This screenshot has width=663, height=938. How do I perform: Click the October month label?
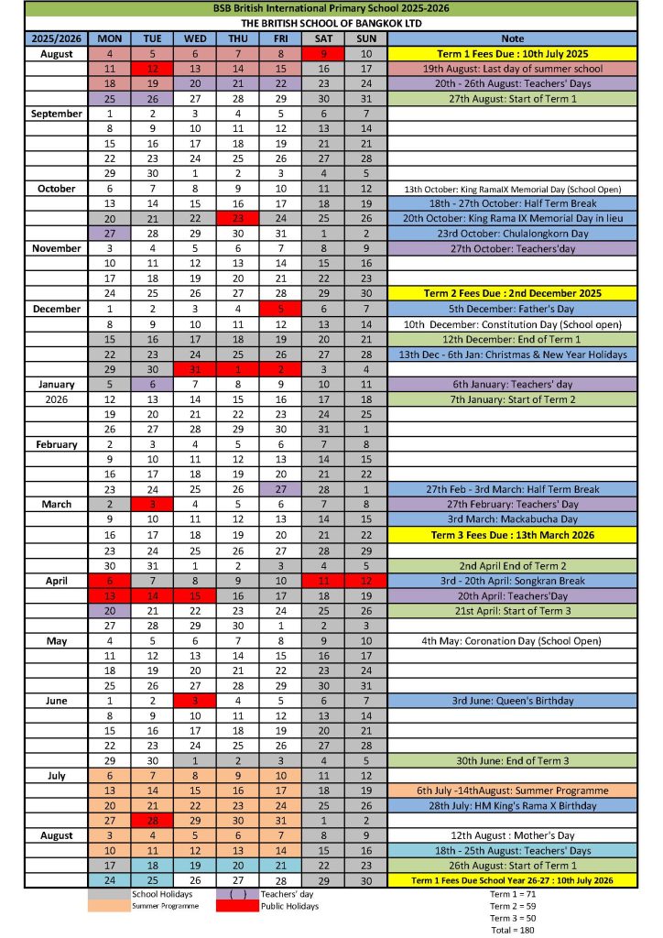click(57, 188)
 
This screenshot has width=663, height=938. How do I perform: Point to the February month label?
click(57, 444)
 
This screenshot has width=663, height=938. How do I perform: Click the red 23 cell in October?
click(237, 218)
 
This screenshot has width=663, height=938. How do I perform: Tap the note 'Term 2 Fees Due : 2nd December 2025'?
click(512, 293)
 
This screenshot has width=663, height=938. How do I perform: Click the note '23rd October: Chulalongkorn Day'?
click(512, 233)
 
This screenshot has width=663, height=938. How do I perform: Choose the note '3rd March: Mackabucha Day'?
click(512, 519)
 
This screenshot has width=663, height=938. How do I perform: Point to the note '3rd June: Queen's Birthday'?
click(512, 701)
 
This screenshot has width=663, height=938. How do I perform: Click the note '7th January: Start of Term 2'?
click(512, 399)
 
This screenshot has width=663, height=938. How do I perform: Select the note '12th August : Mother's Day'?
click(512, 836)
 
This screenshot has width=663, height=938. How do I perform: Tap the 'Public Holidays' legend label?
click(289, 906)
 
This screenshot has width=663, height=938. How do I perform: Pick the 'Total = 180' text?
click(513, 930)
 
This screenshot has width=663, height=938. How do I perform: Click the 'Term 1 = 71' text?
click(513, 893)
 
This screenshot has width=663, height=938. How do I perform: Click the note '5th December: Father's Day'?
click(512, 309)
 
